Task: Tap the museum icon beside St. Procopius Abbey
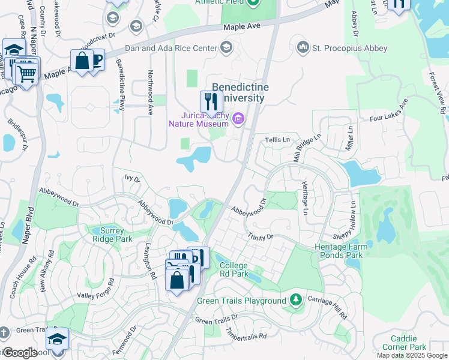pos(303,47)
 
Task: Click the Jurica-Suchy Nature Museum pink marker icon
pos(238,119)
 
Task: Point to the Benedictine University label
pos(239,92)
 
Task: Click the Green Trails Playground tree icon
pos(295,299)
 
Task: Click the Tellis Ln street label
pos(278,139)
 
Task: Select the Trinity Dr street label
pos(261,238)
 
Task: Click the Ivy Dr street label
pos(132,179)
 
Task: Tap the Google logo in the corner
pos(20,353)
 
